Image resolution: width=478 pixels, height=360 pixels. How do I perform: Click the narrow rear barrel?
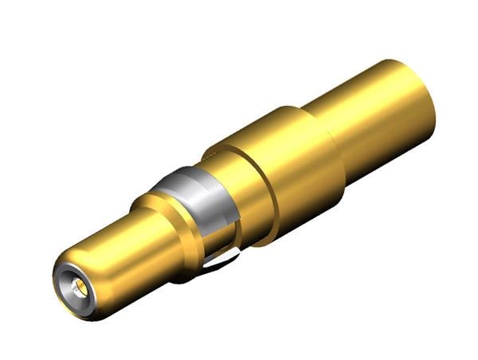pos(374,112)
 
